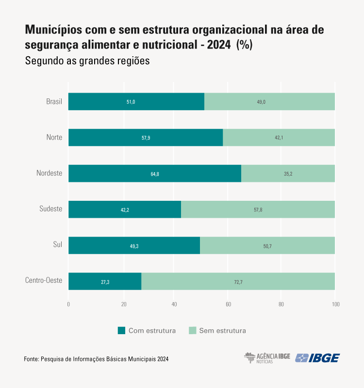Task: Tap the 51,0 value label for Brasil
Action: point(131,102)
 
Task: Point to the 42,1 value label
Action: point(279,138)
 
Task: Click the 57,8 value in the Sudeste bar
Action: point(258,210)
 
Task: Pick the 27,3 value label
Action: point(105,282)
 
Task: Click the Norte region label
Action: point(54,137)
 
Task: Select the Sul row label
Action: point(57,245)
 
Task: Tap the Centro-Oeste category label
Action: point(43,281)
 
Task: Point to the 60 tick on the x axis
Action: point(228,305)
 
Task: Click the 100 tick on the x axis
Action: point(335,305)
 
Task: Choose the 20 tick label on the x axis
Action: point(124,305)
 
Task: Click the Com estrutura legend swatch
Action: point(121,331)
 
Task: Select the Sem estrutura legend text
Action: point(222,331)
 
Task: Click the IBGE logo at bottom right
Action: point(317,358)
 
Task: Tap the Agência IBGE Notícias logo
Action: point(266,358)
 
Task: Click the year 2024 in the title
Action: point(220,45)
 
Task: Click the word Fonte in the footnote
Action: point(31,359)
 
